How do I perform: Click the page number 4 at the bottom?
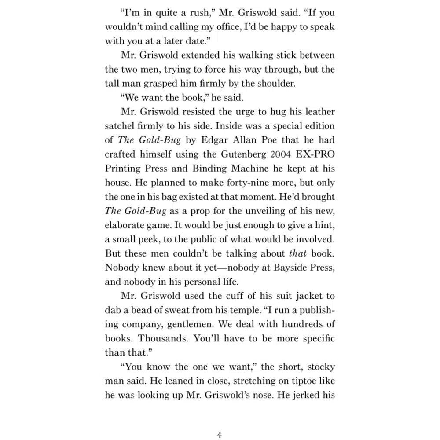click(220, 423)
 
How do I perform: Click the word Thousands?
click(157, 338)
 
